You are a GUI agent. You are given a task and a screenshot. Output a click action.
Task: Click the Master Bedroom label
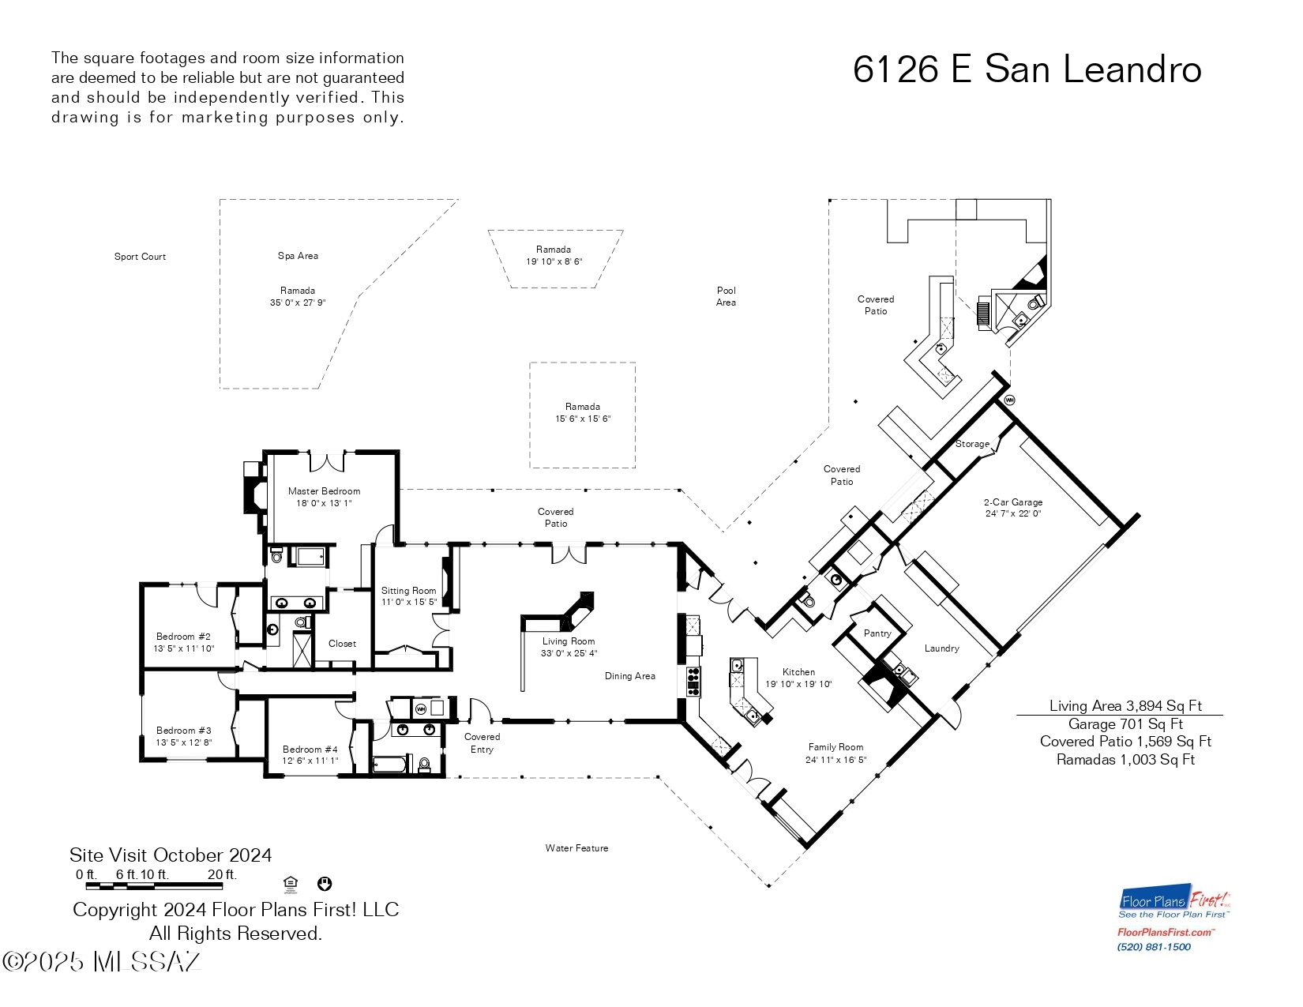[324, 491]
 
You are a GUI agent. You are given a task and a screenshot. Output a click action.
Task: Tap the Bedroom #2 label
[183, 637]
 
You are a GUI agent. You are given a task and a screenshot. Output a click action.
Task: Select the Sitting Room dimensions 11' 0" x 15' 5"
[409, 603]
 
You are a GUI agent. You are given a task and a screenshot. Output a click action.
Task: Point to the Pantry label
[877, 633]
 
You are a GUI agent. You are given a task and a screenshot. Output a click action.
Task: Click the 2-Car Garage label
[1013, 502]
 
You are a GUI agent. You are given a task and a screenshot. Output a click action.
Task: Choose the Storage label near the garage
[972, 444]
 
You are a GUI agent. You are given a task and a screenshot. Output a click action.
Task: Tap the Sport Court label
[140, 257]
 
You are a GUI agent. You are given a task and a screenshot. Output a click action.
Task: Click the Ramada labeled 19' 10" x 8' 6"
[554, 255]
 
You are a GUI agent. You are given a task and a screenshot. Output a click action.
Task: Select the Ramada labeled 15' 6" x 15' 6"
[583, 413]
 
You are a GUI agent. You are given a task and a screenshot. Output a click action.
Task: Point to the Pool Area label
[726, 296]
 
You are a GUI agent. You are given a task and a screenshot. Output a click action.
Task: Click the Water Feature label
[576, 848]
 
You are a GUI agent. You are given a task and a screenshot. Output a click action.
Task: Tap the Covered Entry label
[482, 743]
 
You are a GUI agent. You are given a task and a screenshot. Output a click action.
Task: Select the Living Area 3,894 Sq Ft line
[1125, 706]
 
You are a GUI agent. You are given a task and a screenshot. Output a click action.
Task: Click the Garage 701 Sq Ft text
[1125, 724]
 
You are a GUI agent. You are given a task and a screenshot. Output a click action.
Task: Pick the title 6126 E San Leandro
[1027, 70]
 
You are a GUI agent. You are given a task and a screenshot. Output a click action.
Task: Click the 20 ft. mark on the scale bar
[222, 875]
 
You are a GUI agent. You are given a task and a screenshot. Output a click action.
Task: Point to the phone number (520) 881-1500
[1154, 947]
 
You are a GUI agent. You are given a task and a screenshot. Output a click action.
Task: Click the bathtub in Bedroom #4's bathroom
[391, 764]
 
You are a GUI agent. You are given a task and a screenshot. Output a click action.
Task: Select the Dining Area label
[629, 676]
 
